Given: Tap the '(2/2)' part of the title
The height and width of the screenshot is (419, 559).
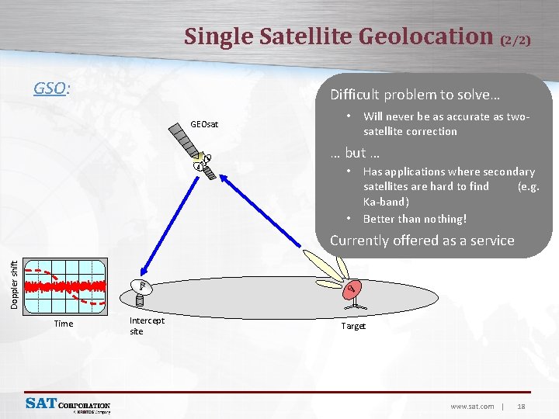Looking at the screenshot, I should tap(516, 40).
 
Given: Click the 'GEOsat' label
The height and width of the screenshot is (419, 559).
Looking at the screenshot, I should tap(204, 123).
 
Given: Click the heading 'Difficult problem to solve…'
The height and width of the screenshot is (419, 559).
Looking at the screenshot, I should tap(415, 95).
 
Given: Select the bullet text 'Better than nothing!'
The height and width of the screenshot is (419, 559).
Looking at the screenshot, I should tap(415, 219).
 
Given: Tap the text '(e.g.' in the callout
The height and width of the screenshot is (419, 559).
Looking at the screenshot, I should tap(528, 186).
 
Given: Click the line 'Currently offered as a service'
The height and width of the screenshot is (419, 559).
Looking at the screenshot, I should tap(422, 241).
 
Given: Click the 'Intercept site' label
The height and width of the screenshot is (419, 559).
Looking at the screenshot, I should tap(146, 325).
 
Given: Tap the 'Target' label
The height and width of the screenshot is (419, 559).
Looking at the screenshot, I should tap(353, 327).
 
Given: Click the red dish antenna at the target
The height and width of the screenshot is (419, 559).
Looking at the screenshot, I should tap(352, 289).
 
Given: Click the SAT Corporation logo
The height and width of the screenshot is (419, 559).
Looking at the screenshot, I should tap(68, 405).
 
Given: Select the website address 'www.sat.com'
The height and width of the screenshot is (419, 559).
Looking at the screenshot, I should tap(472, 406).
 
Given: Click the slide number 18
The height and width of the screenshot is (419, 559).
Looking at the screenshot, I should tap(521, 406).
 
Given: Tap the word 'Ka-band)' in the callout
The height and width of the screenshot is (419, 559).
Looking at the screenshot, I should tap(386, 202).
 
